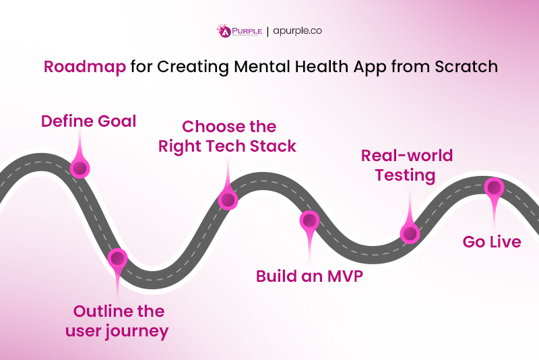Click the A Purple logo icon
(223, 31)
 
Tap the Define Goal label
(88, 121)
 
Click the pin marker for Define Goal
(80, 167)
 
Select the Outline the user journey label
(118, 321)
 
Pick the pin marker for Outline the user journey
(118, 258)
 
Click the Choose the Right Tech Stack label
(228, 136)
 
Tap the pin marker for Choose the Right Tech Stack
(228, 200)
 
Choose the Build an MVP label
(309, 276)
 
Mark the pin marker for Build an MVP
(309, 220)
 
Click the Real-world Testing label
(406, 165)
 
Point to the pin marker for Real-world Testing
(409, 233)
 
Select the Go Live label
(491, 241)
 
